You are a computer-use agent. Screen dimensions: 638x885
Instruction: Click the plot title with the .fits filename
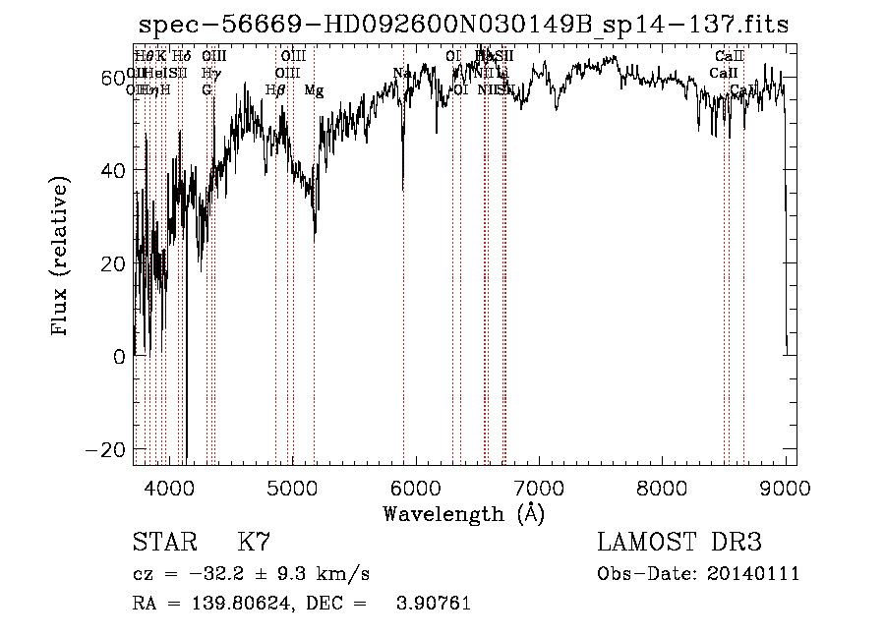point(462,25)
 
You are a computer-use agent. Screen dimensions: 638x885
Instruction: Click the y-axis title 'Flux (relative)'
point(61,258)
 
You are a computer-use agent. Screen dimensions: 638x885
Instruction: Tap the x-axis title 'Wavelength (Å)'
point(463,512)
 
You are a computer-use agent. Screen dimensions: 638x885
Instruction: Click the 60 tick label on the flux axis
point(114,78)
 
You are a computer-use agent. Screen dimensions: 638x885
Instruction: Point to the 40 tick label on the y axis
point(114,170)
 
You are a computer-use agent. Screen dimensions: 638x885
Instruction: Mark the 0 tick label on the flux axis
point(120,357)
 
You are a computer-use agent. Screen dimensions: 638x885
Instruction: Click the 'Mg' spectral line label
point(314,90)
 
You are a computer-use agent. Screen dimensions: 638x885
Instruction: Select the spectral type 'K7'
point(254,543)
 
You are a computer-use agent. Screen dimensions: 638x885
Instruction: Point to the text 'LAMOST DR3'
point(679,543)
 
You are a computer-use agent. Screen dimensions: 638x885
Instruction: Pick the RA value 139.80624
point(223,604)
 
